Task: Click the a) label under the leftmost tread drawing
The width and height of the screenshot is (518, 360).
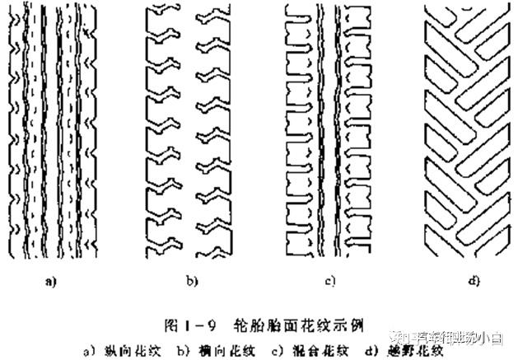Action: coord(50,283)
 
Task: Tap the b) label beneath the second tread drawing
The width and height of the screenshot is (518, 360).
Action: coord(192,283)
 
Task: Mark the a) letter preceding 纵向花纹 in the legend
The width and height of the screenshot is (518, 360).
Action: coord(88,339)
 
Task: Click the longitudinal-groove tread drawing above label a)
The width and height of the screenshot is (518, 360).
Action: coord(51,128)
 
